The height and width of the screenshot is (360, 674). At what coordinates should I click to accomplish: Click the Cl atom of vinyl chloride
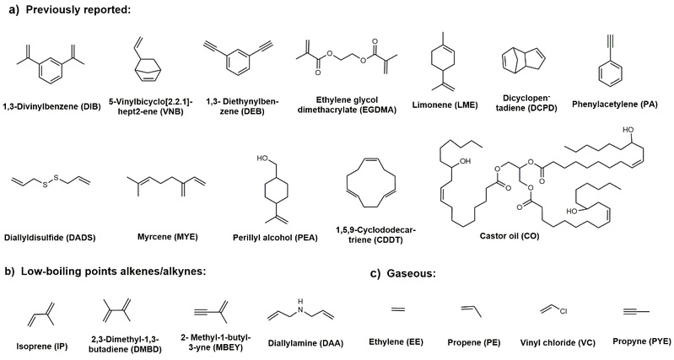click(x=559, y=313)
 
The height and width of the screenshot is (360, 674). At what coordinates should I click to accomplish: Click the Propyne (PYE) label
click(x=629, y=341)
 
